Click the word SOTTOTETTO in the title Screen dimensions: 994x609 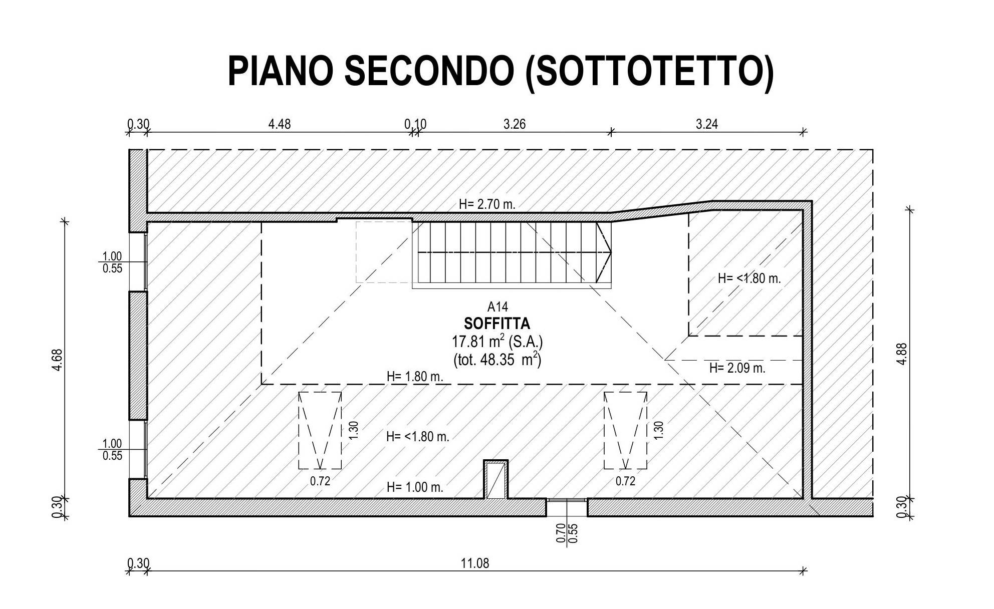(649, 71)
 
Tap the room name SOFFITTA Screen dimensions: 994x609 (497, 323)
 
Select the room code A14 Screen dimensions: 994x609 (498, 307)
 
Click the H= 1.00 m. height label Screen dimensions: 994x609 (415, 487)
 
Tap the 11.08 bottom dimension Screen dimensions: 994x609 (475, 563)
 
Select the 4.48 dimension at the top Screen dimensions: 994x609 (279, 124)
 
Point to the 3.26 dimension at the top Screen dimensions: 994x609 (515, 124)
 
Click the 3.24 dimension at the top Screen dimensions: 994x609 (707, 124)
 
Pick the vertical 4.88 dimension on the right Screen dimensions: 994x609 (902, 354)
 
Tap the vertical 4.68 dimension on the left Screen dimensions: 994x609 (58, 360)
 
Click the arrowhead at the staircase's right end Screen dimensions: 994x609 (609, 252)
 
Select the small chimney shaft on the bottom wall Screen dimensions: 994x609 (495, 480)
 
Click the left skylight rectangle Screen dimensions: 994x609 (320, 431)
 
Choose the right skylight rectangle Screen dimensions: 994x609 (625, 431)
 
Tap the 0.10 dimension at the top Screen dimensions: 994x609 (415, 124)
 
